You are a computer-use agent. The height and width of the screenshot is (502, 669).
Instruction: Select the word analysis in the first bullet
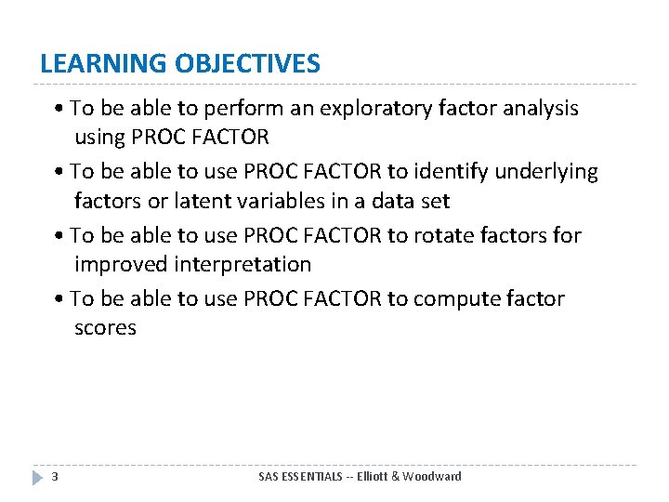[x=538, y=109]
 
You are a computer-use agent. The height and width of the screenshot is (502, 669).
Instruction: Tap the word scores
[x=105, y=327]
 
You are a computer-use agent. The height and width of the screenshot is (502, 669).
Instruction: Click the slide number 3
[x=55, y=477]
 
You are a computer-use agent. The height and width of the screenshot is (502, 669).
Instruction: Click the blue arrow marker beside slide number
[x=37, y=477]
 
